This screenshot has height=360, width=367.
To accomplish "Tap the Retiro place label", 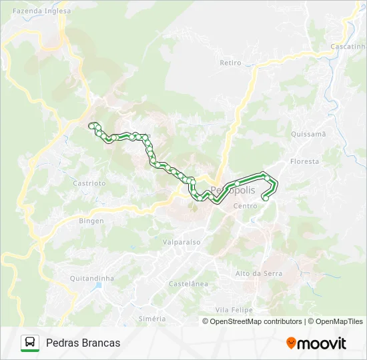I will click(x=230, y=63).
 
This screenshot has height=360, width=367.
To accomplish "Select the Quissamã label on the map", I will click(x=308, y=133).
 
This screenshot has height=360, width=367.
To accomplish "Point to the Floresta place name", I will click(x=305, y=161).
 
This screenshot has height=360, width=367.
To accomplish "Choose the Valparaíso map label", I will click(x=182, y=243).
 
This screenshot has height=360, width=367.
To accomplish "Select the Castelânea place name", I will click(x=188, y=283).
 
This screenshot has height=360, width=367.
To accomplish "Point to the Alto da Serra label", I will click(x=259, y=273).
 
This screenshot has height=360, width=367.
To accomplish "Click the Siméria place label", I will click(x=152, y=319).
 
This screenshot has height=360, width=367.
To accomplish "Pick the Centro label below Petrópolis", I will click(x=245, y=206).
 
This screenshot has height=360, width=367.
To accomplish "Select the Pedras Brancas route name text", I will click(x=83, y=343).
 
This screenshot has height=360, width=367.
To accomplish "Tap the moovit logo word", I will click(x=322, y=343).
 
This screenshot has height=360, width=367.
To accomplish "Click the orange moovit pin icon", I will click(x=291, y=343).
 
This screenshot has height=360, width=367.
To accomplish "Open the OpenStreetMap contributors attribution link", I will click(x=256, y=321).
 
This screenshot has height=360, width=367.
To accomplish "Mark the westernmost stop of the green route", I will click(x=91, y=125).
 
